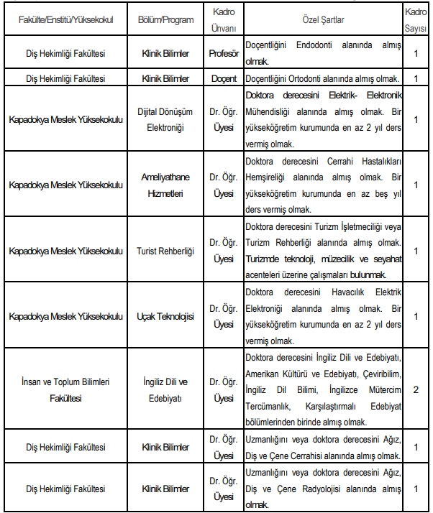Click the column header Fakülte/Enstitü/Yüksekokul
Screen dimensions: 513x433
66,19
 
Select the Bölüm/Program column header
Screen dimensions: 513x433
165,19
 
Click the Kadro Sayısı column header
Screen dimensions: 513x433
416,19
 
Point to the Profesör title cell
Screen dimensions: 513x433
224,53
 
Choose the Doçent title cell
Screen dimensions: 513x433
224,78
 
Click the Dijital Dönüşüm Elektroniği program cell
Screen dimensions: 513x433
165,119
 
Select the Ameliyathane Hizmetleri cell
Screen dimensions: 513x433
165,184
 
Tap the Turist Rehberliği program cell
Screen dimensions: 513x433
165,250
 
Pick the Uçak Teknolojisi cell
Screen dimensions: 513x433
165,316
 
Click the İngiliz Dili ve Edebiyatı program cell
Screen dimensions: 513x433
165,389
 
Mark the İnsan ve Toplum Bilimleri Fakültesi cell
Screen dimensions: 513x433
66,389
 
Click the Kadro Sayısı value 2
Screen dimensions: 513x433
416,389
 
